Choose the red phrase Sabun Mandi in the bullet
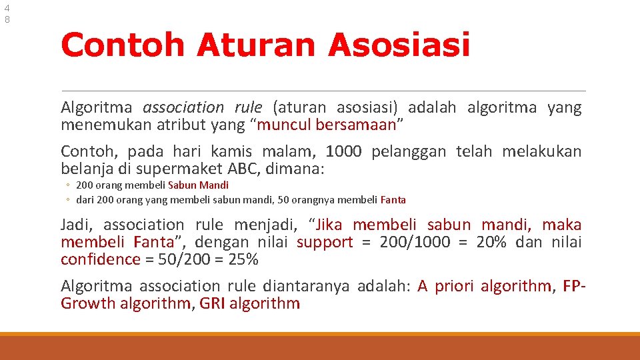tap(198, 185)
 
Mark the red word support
tap(325, 242)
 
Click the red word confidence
tap(101, 259)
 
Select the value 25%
tap(243, 259)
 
